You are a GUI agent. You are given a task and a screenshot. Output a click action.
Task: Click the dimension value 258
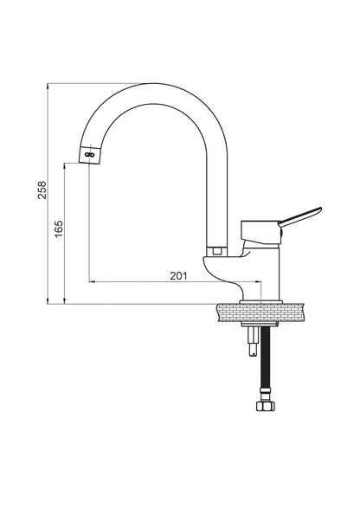(x=42, y=190)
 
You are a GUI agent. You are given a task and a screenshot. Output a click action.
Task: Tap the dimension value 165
(x=59, y=229)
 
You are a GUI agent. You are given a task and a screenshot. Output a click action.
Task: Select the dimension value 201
(x=179, y=276)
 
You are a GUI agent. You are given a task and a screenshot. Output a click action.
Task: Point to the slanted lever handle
(x=300, y=216)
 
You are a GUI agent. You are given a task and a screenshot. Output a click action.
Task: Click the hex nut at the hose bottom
(x=266, y=406)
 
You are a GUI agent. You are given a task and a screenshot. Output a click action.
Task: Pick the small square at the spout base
(x=217, y=251)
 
